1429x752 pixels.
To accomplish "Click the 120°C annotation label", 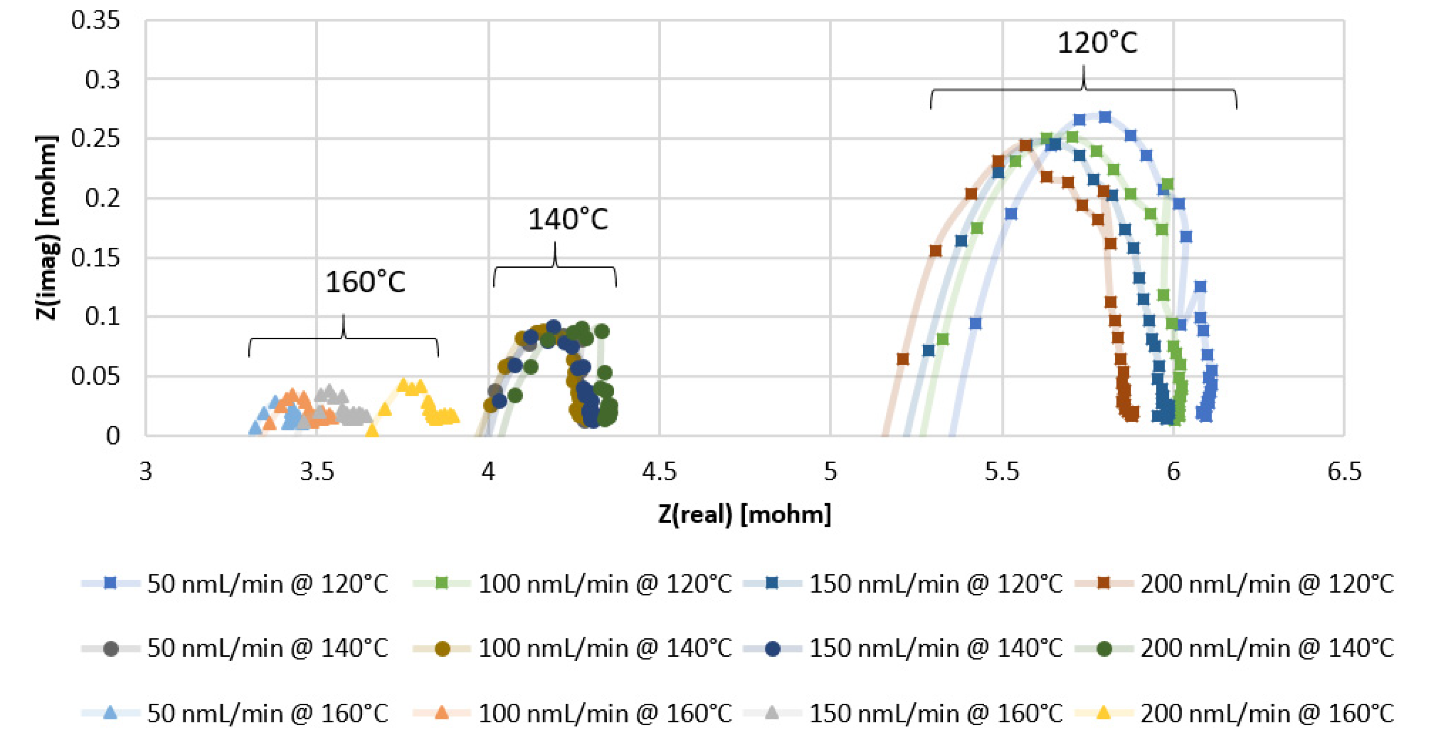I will [1097, 43].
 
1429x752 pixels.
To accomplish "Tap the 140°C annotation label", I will [568, 219].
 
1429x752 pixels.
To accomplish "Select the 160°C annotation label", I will [365, 282].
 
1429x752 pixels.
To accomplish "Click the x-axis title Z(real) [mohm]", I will [744, 514].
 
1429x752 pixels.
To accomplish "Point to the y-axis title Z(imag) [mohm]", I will [47, 228].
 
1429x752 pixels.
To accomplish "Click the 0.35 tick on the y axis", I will [95, 20].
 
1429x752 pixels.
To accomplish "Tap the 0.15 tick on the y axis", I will [95, 258].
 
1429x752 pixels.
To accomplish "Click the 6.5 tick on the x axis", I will [1344, 472].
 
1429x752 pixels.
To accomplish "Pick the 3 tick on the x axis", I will [145, 472].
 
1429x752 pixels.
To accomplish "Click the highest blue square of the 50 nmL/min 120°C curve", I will [1105, 117].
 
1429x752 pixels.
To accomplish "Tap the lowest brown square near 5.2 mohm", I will [902, 359].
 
